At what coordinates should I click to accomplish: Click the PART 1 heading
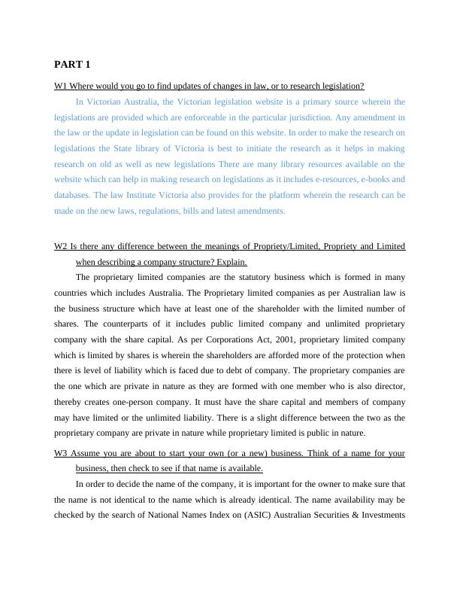pyautogui.click(x=72, y=65)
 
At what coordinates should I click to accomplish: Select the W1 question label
pyautogui.click(x=61, y=87)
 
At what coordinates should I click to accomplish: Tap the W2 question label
pyautogui.click(x=61, y=246)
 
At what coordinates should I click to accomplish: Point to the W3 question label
pyautogui.click(x=61, y=453)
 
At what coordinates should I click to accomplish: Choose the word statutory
pyautogui.click(x=223, y=277)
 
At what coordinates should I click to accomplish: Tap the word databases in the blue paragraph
pyautogui.click(x=73, y=195)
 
